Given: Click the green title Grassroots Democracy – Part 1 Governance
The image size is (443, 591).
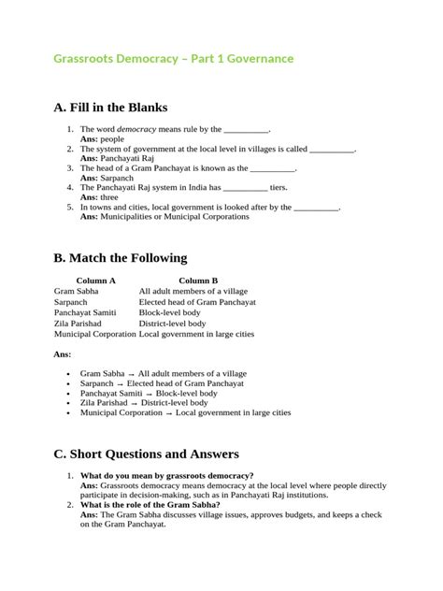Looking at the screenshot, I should pyautogui.click(x=173, y=58).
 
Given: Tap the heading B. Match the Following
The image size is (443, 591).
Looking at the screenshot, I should pyautogui.click(x=121, y=257).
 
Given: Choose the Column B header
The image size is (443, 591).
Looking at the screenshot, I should pyautogui.click(x=198, y=280).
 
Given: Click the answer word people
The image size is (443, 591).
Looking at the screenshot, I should pyautogui.click(x=111, y=138).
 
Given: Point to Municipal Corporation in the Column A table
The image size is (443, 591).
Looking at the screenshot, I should pyautogui.click(x=94, y=333).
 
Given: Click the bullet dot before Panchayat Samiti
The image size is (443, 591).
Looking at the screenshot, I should pyautogui.click(x=70, y=394).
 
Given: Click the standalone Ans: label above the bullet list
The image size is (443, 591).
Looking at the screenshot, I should pyautogui.click(x=63, y=354).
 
